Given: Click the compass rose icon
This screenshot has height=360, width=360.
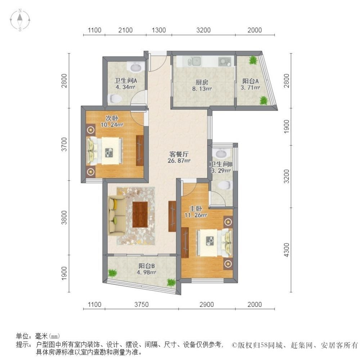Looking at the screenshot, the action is pyautogui.click(x=20, y=20).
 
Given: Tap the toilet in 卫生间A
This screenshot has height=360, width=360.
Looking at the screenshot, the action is pyautogui.click(x=115, y=99).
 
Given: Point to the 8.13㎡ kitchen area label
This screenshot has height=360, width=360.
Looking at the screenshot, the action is pyautogui.click(x=202, y=89).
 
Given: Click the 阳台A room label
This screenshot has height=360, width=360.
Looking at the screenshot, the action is pyautogui.click(x=251, y=81).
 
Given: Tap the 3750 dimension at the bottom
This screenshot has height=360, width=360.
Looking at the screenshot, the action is pyautogui.click(x=141, y=305).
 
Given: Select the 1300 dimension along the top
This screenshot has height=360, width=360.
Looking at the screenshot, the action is pyautogui.click(x=159, y=30).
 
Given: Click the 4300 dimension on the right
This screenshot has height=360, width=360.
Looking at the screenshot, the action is pyautogui.click(x=287, y=250).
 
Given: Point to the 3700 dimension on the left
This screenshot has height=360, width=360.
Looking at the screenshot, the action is pyautogui.click(x=64, y=144).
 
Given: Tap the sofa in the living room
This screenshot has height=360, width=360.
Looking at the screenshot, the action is pyautogui.click(x=117, y=215).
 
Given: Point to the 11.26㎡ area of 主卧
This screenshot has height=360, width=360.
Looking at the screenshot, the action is pyautogui.click(x=196, y=215).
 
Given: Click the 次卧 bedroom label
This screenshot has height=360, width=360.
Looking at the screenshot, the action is pyautogui.click(x=112, y=118).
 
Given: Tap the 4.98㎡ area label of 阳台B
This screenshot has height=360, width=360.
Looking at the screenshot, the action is pyautogui.click(x=147, y=272).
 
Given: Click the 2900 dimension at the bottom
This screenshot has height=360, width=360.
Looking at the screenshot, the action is pyautogui.click(x=207, y=305).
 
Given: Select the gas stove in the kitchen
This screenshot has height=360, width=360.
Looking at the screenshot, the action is pyautogui.click(x=225, y=62).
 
